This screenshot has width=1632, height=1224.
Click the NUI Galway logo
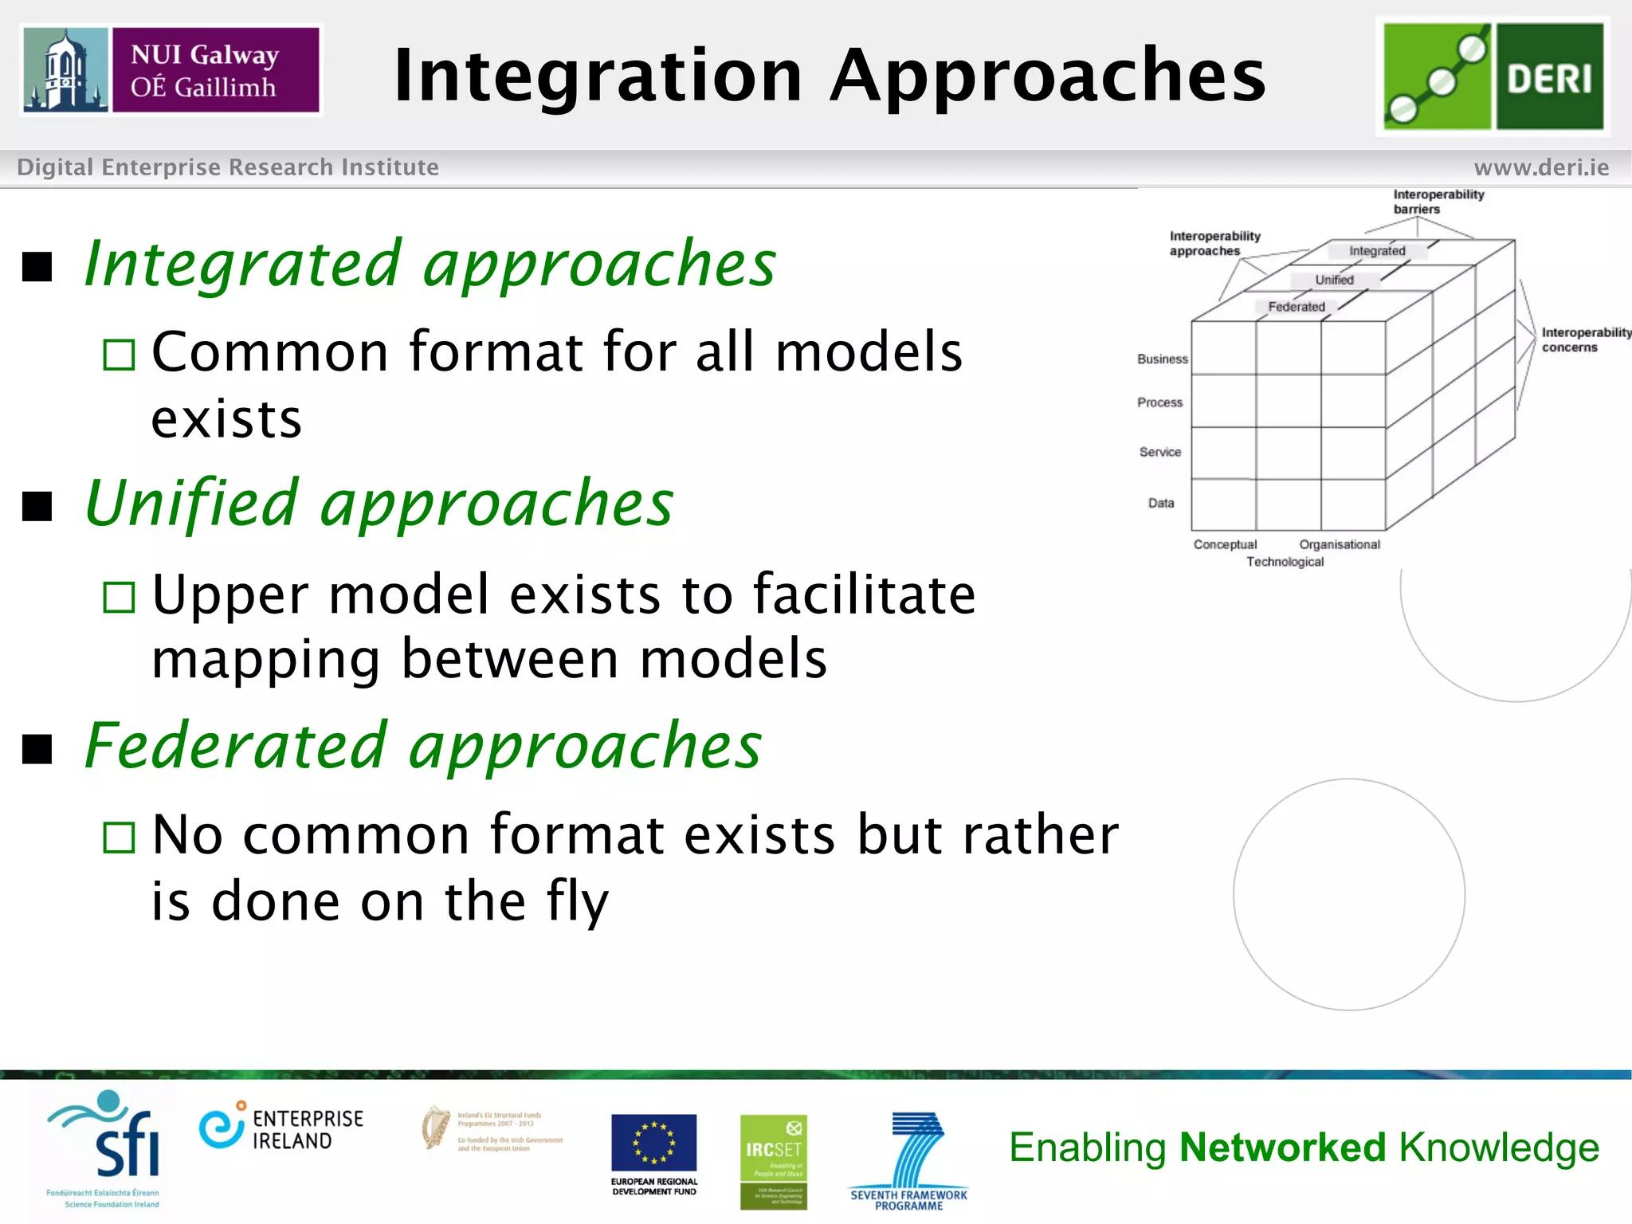171,70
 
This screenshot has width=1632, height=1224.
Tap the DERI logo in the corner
1493,76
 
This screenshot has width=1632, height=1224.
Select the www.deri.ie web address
1540,167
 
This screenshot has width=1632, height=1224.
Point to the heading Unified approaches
379,504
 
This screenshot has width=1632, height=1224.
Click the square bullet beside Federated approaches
37,748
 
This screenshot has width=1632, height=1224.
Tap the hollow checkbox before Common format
120,355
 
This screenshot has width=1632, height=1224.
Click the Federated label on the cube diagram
1297,307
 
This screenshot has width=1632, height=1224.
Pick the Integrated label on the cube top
1377,251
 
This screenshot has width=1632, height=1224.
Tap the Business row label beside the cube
1162,359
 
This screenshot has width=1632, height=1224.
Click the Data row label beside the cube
1161,503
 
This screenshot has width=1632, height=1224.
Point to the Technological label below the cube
1285,562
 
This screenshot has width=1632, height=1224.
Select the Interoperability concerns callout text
1584,339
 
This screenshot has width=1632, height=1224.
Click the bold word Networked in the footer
1282,1147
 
